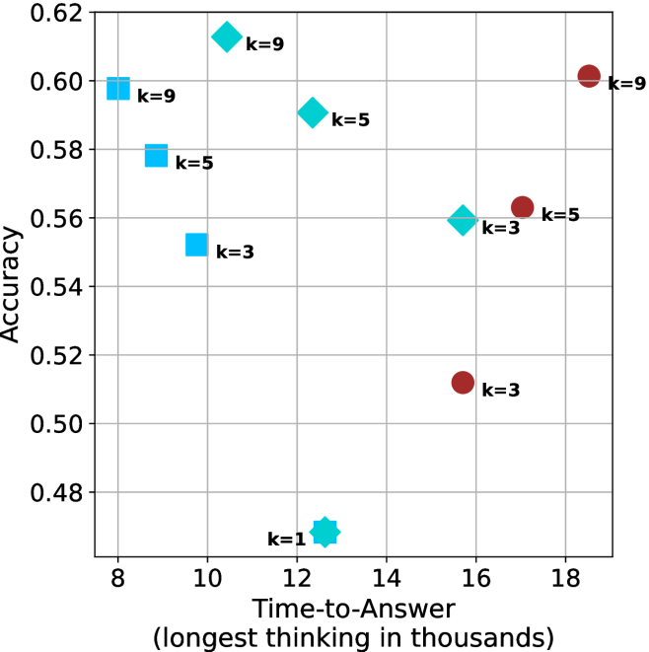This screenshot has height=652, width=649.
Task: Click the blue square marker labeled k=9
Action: [118, 88]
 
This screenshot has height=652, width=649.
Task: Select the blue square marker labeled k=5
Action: [156, 156]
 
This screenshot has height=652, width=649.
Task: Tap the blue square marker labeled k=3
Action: [196, 245]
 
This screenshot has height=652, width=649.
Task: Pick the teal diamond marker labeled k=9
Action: [227, 37]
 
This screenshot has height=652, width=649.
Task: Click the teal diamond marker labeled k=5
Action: [313, 112]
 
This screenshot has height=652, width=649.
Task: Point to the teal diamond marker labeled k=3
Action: [463, 220]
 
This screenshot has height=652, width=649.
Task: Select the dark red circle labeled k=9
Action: [589, 76]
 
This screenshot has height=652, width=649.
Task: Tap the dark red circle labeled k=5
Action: [522, 207]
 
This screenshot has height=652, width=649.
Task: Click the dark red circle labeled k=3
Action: [463, 382]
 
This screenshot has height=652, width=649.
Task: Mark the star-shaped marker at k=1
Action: [324, 532]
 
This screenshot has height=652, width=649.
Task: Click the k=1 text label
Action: [287, 540]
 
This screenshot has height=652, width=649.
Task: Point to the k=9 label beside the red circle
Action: [626, 84]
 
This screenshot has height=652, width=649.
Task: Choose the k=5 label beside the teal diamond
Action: [350, 120]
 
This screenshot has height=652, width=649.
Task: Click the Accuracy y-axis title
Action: [13, 284]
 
